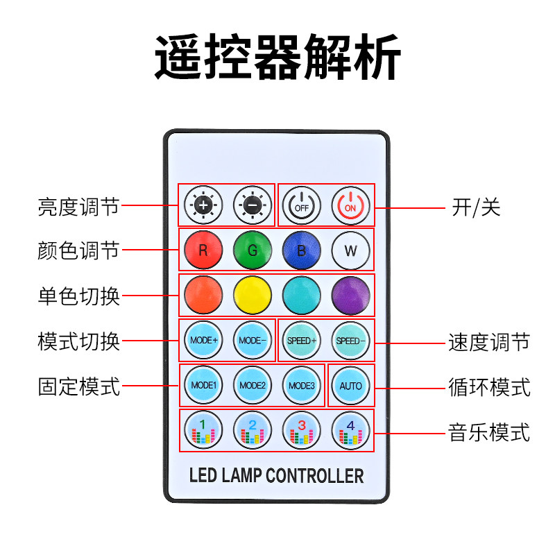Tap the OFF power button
click(x=302, y=205)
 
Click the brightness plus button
click(x=203, y=205)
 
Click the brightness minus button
click(x=252, y=205)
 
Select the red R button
click(x=203, y=250)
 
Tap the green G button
click(x=252, y=250)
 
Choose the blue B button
click(x=302, y=250)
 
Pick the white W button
click(x=351, y=250)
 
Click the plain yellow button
click(x=252, y=295)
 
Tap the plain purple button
click(x=351, y=295)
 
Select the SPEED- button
click(x=351, y=341)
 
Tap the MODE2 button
click(x=252, y=385)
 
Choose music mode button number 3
click(x=302, y=430)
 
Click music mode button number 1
click(x=203, y=430)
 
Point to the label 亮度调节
click(x=79, y=206)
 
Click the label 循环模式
click(x=490, y=386)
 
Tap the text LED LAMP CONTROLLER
click(x=276, y=476)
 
